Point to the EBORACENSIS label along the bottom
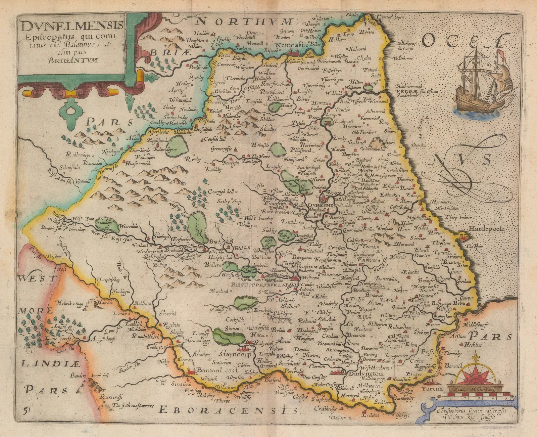(228, 409)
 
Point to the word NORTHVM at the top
(244, 22)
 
